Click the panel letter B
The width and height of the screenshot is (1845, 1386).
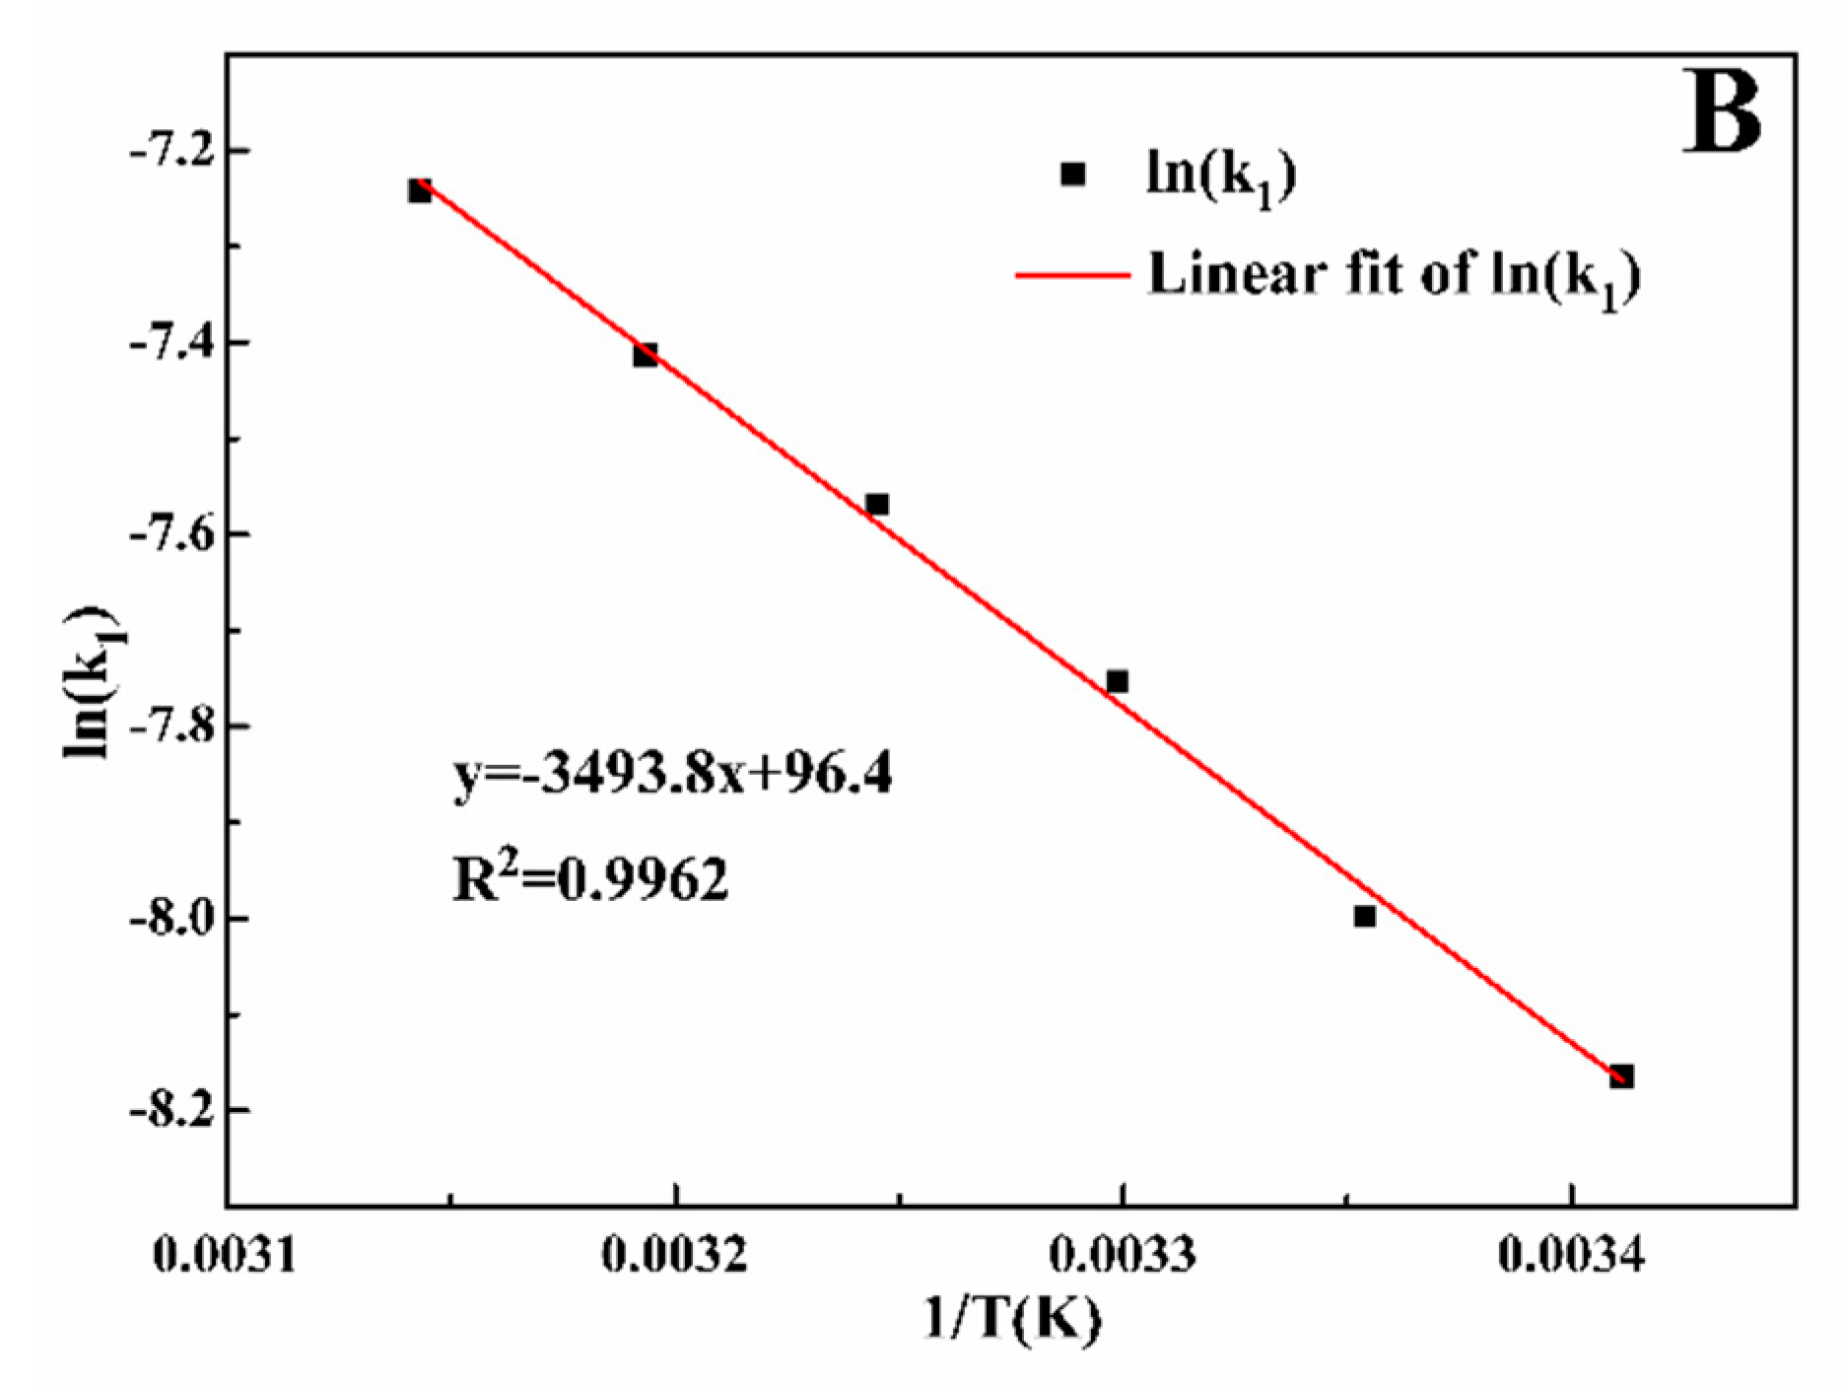1721,111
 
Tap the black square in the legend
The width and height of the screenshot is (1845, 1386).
1072,174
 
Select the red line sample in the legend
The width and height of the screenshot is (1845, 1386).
1072,275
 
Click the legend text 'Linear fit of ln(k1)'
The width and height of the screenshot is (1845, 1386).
1394,275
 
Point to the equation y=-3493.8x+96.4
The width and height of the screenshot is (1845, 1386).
673,774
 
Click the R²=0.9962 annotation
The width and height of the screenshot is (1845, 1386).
590,878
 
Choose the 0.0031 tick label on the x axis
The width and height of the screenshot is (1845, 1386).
226,1255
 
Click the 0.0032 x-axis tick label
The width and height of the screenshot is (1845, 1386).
674,1255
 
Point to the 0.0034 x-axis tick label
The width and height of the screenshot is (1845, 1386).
1571,1255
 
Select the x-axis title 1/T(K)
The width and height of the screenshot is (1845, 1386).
1012,1318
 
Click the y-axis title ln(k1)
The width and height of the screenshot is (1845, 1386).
92,681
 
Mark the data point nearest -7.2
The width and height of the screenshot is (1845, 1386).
420,190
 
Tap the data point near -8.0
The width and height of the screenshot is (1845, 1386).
1364,916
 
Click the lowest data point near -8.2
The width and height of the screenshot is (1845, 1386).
1621,1076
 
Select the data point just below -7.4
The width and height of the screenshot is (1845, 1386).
646,355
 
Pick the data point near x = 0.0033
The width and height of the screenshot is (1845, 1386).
1117,681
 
